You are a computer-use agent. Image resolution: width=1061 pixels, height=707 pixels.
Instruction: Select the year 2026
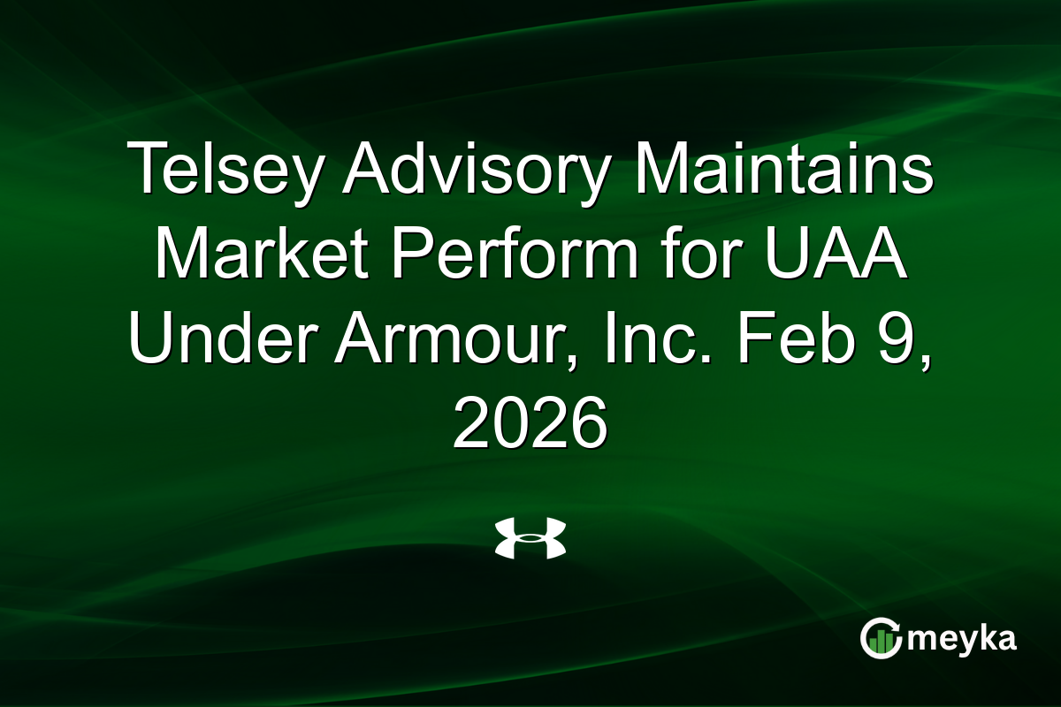point(530,422)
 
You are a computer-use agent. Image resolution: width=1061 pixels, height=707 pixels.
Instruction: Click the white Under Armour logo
point(530,538)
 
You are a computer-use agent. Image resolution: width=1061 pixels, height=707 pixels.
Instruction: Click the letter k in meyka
point(984,637)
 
